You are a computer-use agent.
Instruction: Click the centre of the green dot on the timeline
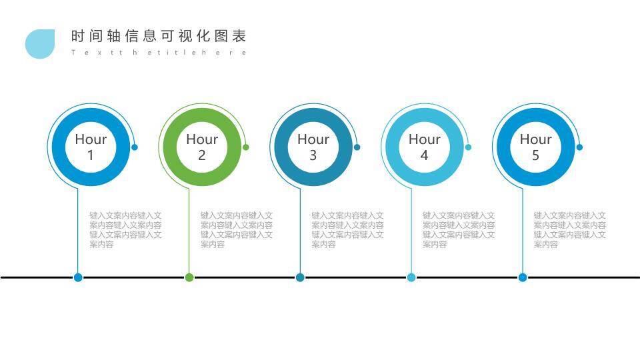tap(189, 277)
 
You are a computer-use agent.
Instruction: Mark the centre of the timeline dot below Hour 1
tap(78, 277)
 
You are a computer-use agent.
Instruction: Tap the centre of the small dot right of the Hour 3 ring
tap(357, 147)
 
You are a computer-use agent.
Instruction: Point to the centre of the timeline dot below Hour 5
tap(523, 277)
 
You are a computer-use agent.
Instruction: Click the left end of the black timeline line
tap(1, 277)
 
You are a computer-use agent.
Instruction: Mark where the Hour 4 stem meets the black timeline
tap(411, 277)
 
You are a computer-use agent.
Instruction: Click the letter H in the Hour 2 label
tap(191, 139)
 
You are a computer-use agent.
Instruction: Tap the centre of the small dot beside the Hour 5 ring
tap(579, 147)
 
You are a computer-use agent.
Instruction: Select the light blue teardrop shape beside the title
tap(40, 44)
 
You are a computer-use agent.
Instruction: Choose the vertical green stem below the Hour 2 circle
tap(189, 231)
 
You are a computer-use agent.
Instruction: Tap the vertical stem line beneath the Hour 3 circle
tap(300, 231)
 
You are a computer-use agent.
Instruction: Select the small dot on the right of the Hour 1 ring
tap(135, 147)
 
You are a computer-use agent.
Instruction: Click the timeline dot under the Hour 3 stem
tap(300, 277)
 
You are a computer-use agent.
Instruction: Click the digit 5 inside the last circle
tap(535, 155)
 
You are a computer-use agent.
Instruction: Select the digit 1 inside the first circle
tap(91, 155)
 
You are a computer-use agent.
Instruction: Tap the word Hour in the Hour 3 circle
tap(313, 139)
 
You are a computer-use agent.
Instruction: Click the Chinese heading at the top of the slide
tap(159, 36)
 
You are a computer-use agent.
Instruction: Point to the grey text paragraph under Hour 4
tap(459, 230)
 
